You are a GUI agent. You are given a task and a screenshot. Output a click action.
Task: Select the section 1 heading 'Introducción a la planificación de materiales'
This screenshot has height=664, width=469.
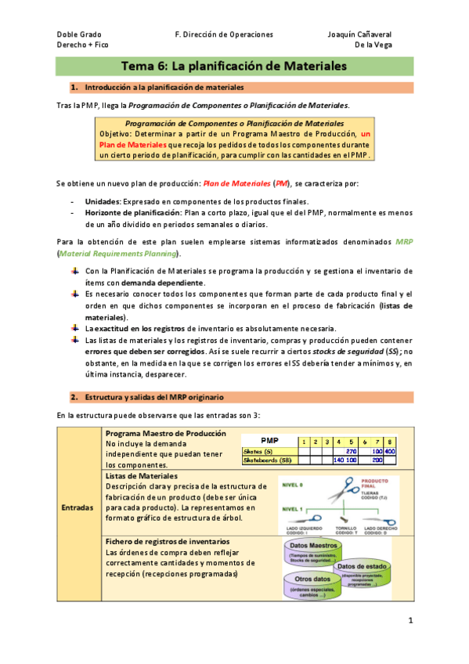click(x=164, y=87)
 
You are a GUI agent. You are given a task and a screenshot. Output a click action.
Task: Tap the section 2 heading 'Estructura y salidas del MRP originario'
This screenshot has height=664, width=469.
click(x=154, y=397)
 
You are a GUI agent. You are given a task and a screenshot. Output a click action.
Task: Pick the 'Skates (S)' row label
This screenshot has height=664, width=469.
click(x=258, y=451)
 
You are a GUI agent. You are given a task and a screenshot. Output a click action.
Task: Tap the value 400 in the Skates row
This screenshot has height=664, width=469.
click(x=389, y=451)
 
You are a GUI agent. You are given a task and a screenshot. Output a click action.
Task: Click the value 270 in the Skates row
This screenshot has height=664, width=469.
click(x=351, y=451)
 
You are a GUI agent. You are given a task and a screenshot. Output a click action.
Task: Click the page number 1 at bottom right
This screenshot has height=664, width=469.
click(x=409, y=621)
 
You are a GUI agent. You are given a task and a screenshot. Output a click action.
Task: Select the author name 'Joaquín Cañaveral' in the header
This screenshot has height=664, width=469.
click(x=359, y=34)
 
